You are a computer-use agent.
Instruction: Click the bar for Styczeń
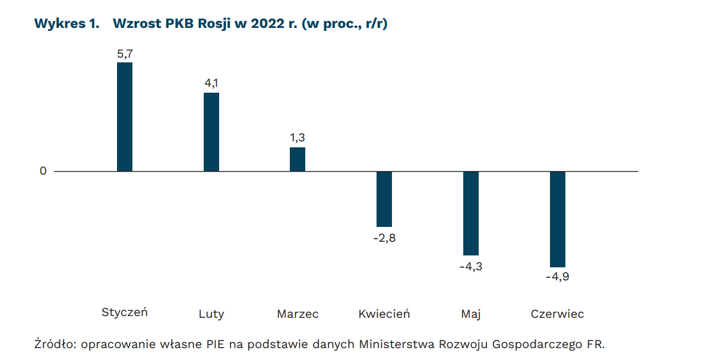point(125,117)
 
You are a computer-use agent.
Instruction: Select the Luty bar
point(211,132)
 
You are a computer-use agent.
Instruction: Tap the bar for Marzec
point(298,159)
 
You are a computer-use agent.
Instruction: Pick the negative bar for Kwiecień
point(384,199)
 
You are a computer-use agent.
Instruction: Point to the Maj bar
point(471,213)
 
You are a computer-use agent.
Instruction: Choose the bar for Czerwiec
point(558,219)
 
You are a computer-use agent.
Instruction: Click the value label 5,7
point(125,53)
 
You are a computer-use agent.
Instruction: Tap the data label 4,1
point(211,83)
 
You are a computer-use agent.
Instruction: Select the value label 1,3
point(298,138)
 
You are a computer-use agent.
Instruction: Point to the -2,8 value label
point(384,238)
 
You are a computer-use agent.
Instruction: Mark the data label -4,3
point(471,267)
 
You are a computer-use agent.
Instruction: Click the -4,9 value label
point(558,277)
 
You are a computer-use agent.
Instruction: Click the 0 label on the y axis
point(43,171)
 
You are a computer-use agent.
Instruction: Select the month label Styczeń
point(125,312)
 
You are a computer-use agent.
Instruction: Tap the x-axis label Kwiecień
point(384,314)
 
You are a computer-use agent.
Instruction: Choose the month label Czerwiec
point(557,314)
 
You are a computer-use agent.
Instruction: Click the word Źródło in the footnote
point(55,343)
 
